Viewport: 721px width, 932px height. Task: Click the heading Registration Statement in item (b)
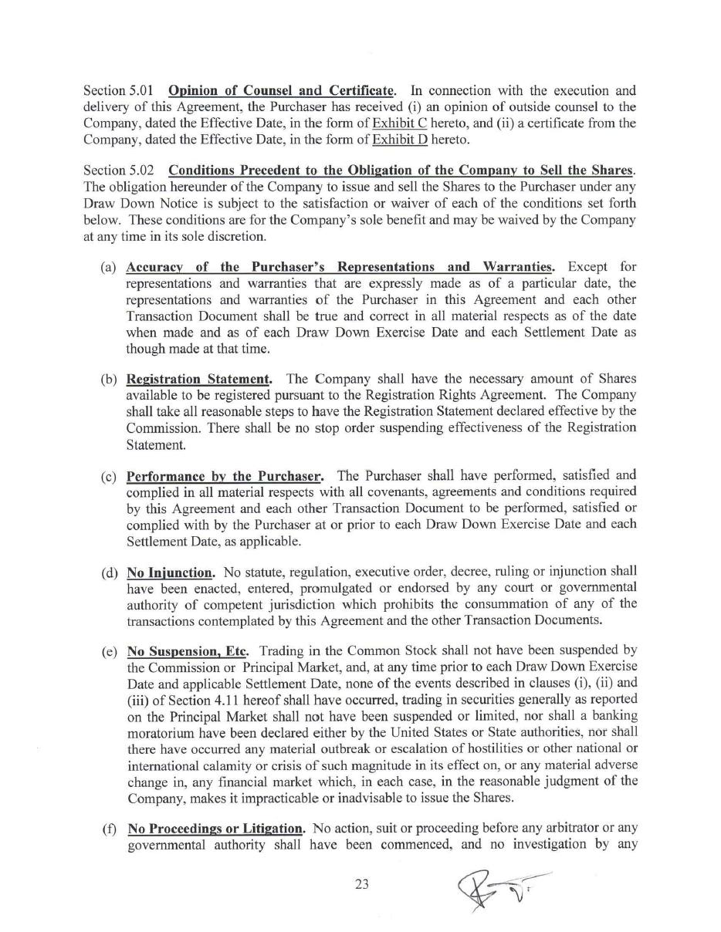click(198, 379)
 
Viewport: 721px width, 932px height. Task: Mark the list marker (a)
click(108, 267)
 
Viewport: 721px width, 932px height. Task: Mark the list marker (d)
click(108, 572)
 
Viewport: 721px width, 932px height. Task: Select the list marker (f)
click(109, 829)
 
